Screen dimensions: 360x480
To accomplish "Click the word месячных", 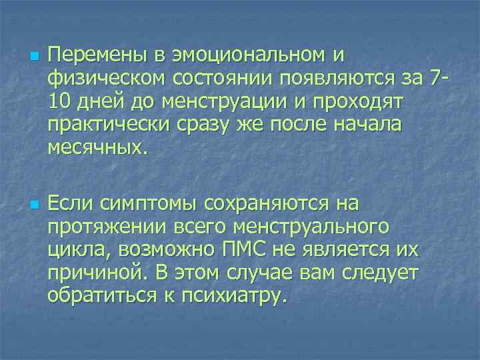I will point(93,150).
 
